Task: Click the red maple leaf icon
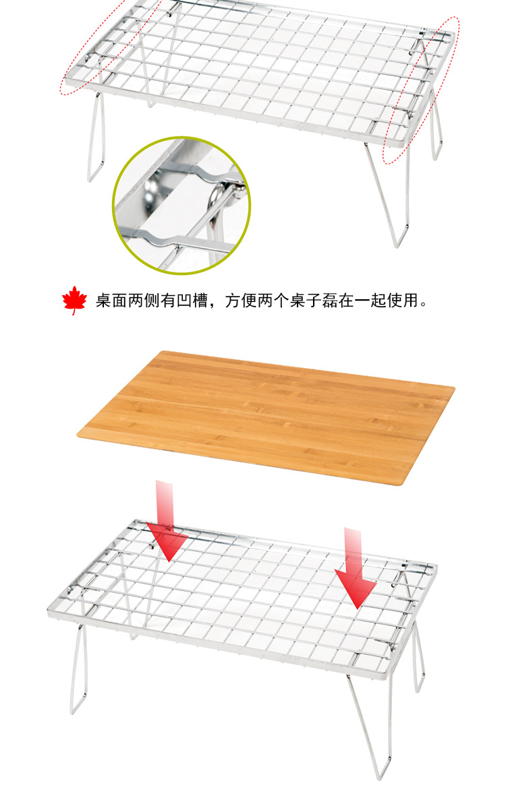coord(74,301)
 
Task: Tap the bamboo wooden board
coord(266,417)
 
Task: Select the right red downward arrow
coord(355,568)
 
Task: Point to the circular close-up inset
coord(181,205)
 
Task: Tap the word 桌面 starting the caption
coord(111,301)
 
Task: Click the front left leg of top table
coord(96,137)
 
